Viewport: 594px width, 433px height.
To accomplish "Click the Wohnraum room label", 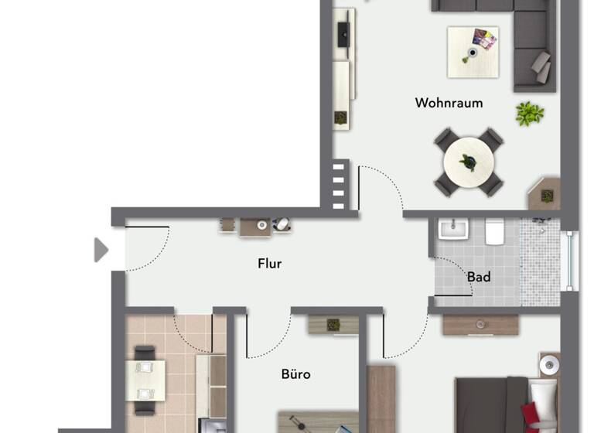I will click(x=449, y=103).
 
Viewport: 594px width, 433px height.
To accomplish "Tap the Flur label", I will click(x=269, y=264).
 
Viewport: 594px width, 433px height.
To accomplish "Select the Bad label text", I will click(x=479, y=277).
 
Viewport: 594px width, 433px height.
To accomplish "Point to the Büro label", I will click(x=295, y=374).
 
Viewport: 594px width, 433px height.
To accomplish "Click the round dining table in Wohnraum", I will click(x=469, y=162).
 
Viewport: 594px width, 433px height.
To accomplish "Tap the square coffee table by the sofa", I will click(x=473, y=52).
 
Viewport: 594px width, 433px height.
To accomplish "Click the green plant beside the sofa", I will click(x=529, y=114).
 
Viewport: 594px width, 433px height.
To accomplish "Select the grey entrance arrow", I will click(x=101, y=250).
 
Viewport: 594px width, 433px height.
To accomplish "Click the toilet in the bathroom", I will click(x=494, y=230).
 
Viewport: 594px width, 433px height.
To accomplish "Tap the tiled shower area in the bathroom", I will click(x=540, y=261).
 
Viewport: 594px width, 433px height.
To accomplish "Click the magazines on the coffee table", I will click(x=485, y=39).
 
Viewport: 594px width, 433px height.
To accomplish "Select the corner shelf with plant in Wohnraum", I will click(x=545, y=193).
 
